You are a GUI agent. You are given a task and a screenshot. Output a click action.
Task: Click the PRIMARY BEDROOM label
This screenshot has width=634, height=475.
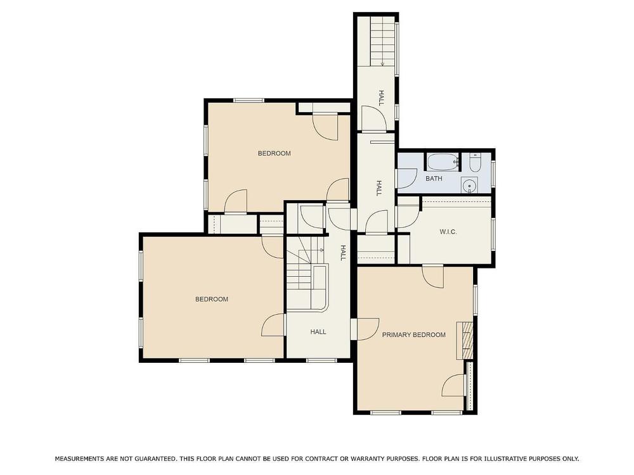pos(413,335)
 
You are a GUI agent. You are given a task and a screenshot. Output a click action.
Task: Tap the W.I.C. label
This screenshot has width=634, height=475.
pos(448,232)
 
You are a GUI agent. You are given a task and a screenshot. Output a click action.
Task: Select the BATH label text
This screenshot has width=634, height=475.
pos(434,179)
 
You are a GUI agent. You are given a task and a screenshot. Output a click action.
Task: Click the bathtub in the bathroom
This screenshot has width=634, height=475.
pos(444,162)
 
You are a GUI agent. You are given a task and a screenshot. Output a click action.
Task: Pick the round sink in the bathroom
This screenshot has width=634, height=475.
pos(469,186)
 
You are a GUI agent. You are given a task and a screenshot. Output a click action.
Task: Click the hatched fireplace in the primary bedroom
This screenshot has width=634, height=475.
pos(465,341)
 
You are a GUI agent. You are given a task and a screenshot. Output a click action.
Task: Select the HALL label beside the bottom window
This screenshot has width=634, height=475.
pos(318,332)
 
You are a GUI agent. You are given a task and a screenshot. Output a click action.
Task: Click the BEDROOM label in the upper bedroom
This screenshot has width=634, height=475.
pos(274,153)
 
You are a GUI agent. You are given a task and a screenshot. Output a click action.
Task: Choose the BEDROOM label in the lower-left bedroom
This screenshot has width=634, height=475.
pos(212,300)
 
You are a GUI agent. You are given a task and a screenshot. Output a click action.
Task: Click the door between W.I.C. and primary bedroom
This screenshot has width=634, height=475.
pos(433,277)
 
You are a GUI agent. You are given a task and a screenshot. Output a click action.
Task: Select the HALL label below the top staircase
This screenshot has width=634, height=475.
pos(381,98)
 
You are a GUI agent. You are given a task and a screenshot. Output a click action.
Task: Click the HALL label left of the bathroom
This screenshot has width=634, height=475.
pos(379,188)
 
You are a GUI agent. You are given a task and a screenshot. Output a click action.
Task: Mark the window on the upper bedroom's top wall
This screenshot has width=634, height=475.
pos(249,100)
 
